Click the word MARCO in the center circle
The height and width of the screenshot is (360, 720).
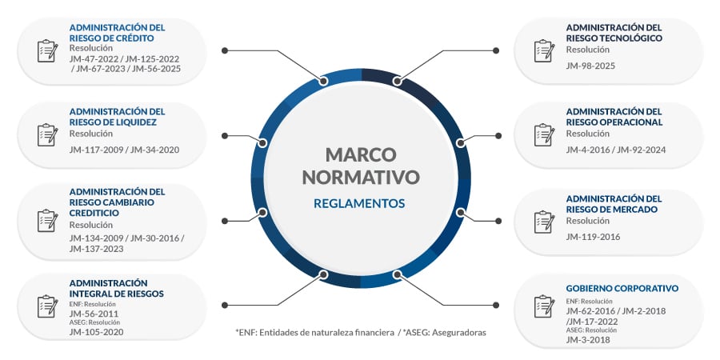pos(361,154)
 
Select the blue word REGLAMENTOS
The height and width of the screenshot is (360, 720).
pos(359,203)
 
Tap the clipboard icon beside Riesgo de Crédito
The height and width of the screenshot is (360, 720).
pos(47,51)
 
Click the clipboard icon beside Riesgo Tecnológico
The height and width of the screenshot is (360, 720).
pos(544,51)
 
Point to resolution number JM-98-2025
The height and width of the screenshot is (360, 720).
pos(590,66)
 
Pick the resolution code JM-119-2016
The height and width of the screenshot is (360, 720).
pos(593,237)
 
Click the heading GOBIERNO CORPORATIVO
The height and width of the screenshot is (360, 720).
pos(622,289)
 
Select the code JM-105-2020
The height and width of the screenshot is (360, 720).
pos(97,332)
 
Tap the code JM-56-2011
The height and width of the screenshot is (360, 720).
pos(94,314)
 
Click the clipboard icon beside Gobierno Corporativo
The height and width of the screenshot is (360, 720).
pos(544,306)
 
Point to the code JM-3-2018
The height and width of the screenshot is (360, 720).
pos(588,340)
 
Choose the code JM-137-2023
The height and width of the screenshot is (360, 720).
pos(97,249)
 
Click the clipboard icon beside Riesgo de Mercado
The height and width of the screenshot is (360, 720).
pos(544,222)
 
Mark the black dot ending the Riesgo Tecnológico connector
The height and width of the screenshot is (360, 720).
pos(496,50)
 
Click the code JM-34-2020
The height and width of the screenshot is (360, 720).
pos(154,150)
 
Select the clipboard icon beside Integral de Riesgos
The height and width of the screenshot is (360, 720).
pos(47,306)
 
